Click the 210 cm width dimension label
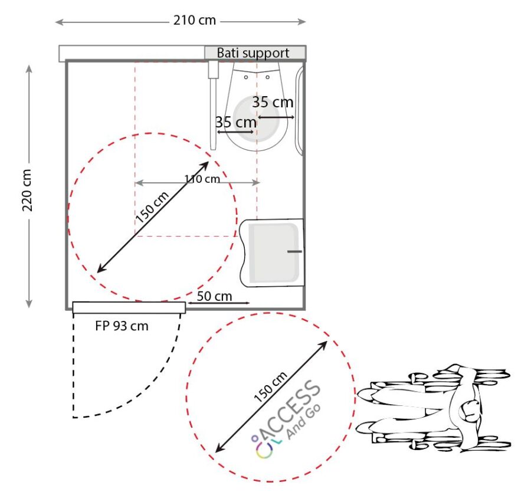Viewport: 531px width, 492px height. (194, 20)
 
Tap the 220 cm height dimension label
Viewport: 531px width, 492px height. (27, 191)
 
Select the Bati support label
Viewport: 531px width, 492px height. (253, 53)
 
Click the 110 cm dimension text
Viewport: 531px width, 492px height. (202, 179)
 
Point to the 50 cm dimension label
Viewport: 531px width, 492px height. (214, 296)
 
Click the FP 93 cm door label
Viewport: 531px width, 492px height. (122, 326)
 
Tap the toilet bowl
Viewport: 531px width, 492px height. (257, 107)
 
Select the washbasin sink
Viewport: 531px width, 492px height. (272, 252)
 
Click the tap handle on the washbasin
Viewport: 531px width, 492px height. (294, 251)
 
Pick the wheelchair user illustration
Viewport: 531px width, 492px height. (434, 408)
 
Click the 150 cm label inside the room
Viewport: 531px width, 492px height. (152, 207)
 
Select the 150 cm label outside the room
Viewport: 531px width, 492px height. (271, 387)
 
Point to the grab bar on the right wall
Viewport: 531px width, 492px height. (299, 111)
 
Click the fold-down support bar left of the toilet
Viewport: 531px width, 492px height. (213, 106)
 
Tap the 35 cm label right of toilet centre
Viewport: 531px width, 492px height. (273, 102)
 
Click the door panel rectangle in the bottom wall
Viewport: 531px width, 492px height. (129, 307)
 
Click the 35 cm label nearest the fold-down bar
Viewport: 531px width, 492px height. (235, 122)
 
